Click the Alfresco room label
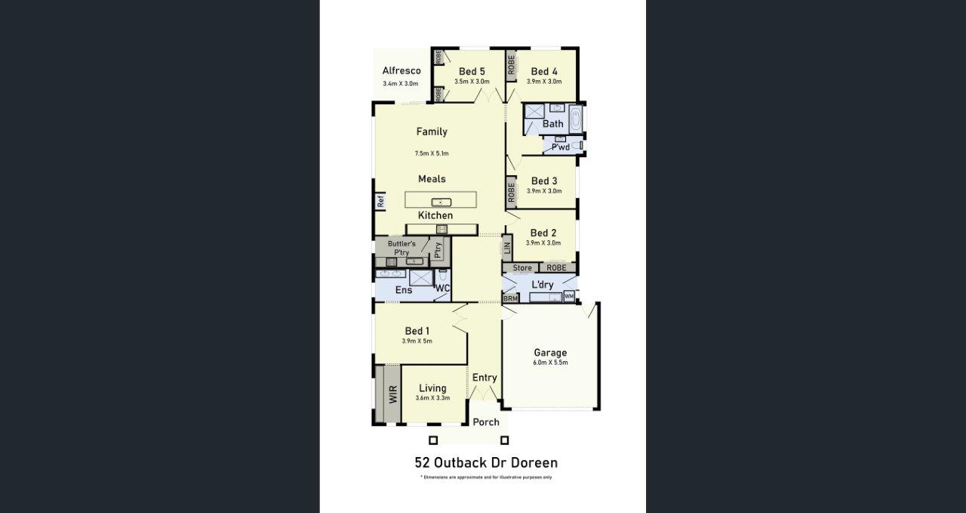point(401,71)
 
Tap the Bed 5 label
point(472,72)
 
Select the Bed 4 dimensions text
point(544,82)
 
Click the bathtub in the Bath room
point(576,119)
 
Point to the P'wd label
point(561,147)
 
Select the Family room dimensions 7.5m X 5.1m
point(432,153)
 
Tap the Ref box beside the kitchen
point(381,201)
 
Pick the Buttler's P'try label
point(401,248)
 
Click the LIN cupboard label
point(508,246)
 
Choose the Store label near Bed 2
point(522,268)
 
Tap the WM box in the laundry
point(569,296)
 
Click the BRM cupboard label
point(511,299)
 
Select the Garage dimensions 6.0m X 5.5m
point(550,363)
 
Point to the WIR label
point(393,394)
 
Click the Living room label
point(433,388)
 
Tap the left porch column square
point(433,440)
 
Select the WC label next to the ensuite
point(443,289)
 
